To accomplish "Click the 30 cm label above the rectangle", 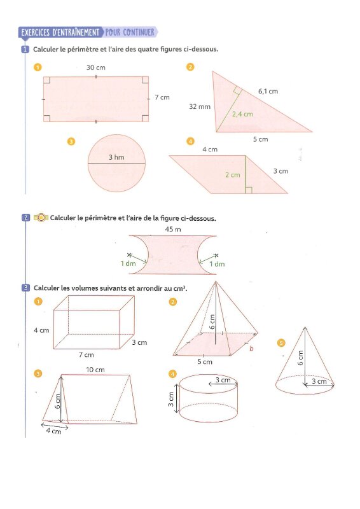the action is coord(96,67).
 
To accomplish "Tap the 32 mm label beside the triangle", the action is coord(200,106).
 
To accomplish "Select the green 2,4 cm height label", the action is coord(242,114).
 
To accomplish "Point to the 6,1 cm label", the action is coord(268,91).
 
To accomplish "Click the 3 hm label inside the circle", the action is coord(116,157).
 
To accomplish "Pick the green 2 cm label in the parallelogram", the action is coord(233,174).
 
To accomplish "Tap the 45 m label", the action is coord(173,229).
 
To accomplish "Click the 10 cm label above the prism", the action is coord(95,370).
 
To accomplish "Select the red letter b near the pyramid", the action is coord(251,349).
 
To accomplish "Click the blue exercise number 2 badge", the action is coord(26,218).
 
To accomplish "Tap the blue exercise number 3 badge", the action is coord(26,288).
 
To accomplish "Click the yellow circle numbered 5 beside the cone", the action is coord(281,343).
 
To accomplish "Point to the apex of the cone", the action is coord(305,327).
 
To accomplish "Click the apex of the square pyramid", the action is coord(216,282).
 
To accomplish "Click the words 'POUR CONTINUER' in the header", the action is coord(130,32).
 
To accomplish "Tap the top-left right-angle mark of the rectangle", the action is coord(46,80).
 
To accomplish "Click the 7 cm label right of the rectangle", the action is coord(162,97).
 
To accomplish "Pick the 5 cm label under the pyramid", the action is coord(205,361).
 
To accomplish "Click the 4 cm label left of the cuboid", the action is coord(41,330).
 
